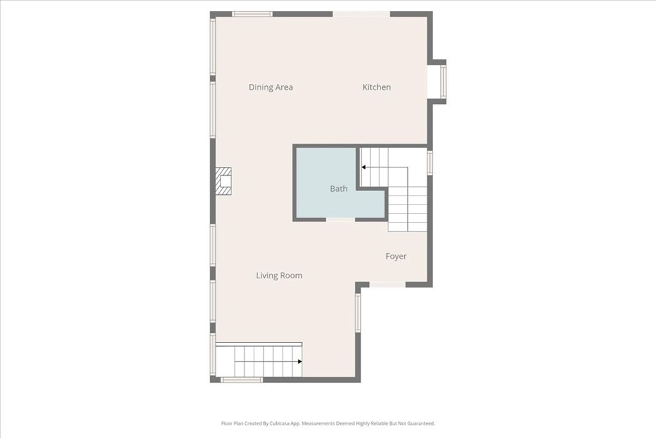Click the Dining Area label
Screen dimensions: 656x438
coord(271,87)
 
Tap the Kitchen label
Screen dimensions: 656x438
coord(377,87)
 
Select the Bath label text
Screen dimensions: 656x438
coord(338,189)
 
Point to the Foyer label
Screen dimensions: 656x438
coord(396,257)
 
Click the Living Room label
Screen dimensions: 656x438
coord(279,276)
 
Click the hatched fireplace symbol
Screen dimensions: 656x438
coord(224,181)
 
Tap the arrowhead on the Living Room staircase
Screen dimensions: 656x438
coord(300,362)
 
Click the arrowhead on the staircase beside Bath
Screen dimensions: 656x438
coord(364,167)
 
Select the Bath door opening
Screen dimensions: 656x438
coord(341,219)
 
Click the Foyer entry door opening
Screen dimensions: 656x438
coord(388,285)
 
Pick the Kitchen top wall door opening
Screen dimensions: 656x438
coord(361,14)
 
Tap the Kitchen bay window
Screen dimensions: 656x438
coord(443,81)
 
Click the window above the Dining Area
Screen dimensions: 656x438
coord(252,14)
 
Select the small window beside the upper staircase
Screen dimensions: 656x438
coord(430,162)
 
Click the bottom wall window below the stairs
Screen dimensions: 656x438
coord(242,380)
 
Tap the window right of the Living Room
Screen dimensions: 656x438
coord(357,313)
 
